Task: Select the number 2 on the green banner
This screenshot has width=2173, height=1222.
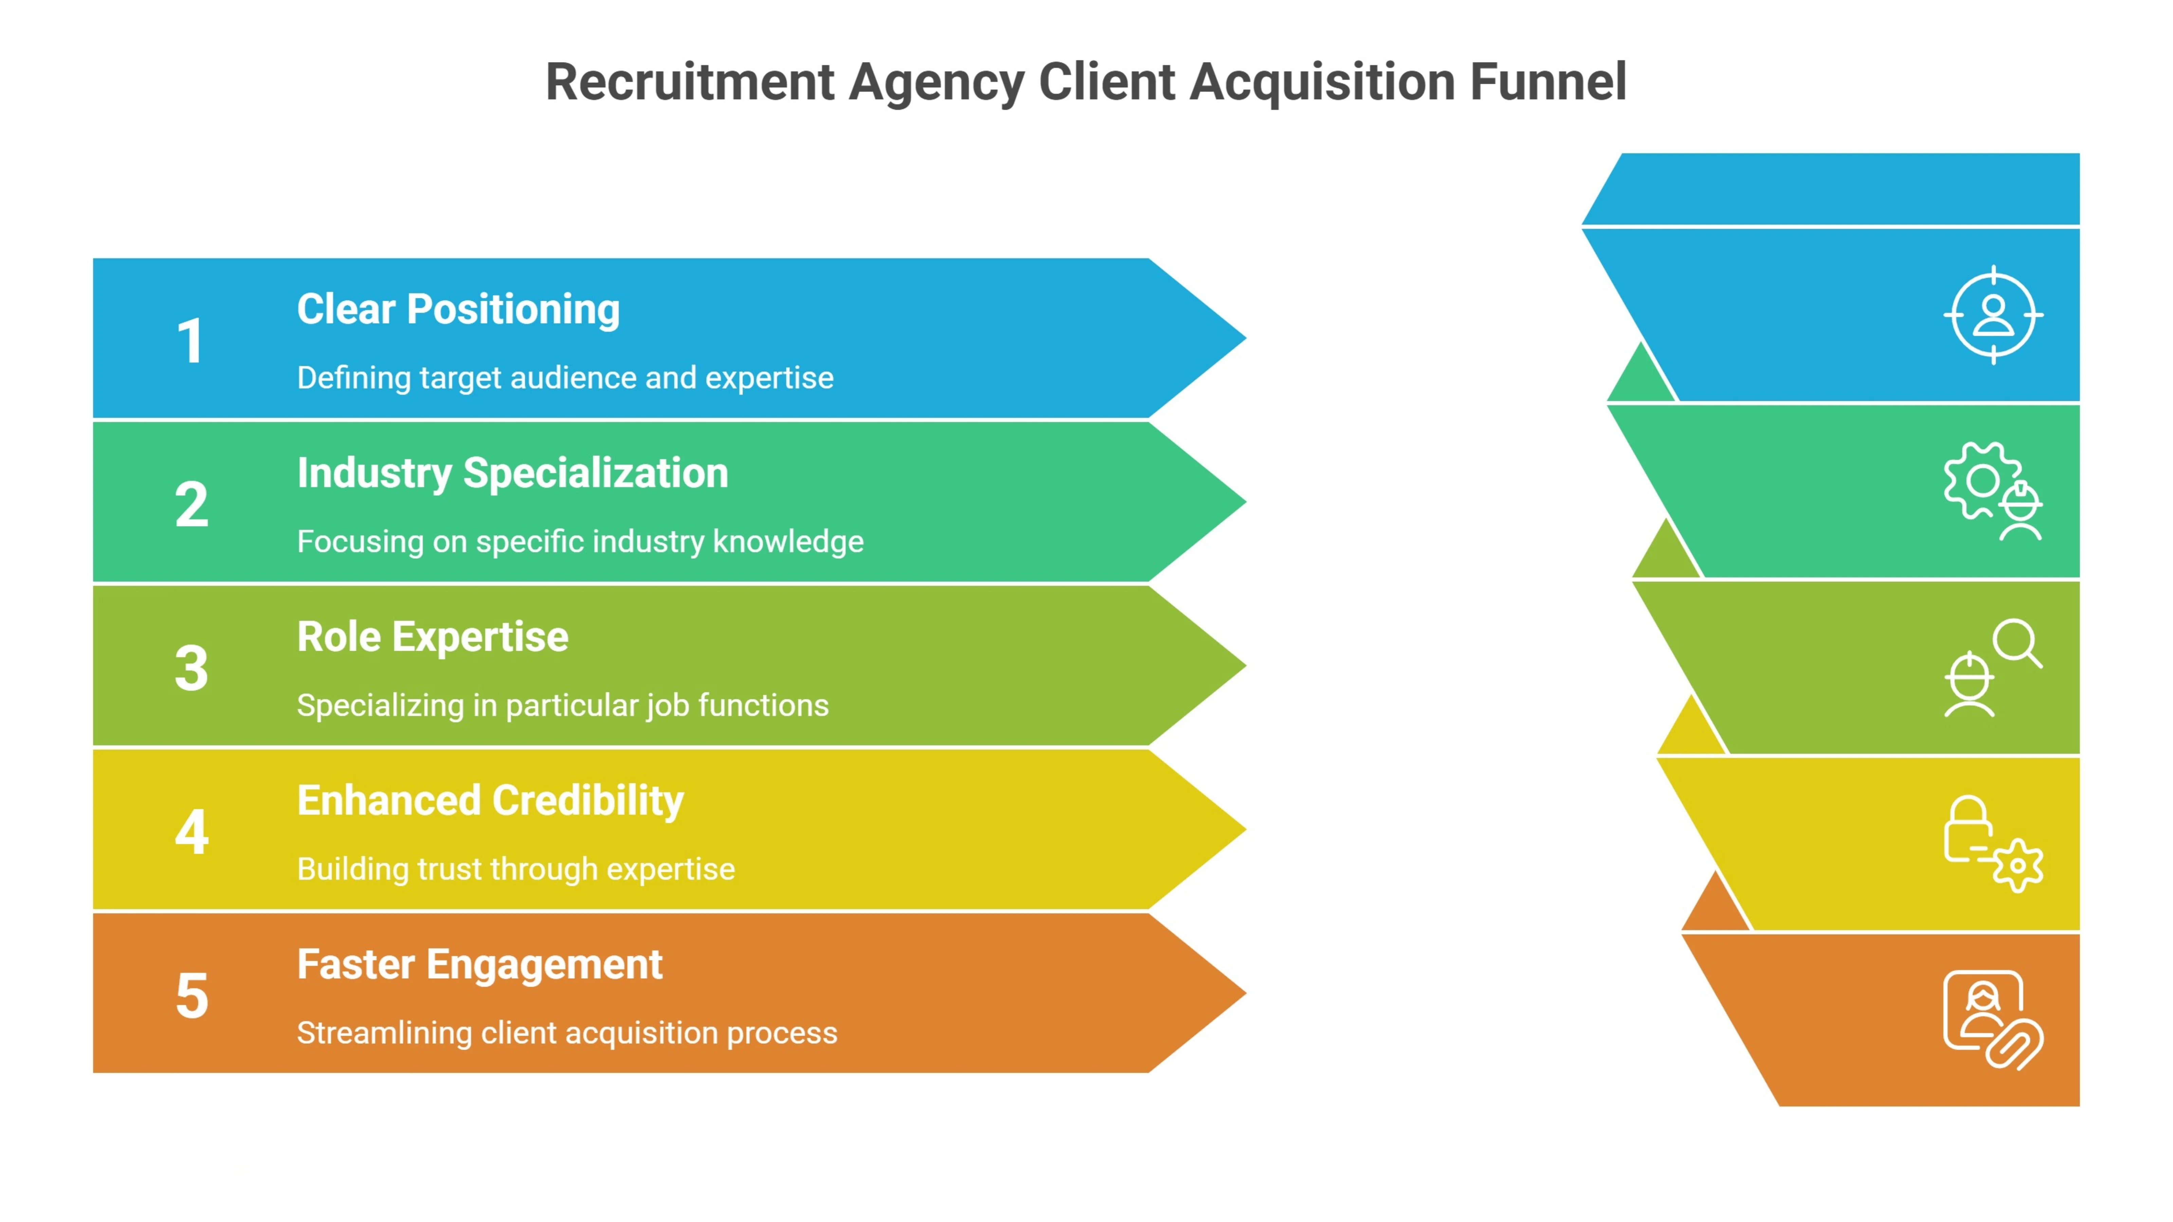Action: coord(191,504)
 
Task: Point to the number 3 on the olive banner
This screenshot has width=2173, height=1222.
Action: coord(191,668)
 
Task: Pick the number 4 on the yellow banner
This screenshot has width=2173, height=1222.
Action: coord(191,832)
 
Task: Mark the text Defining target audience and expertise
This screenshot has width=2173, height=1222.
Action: coord(565,378)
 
